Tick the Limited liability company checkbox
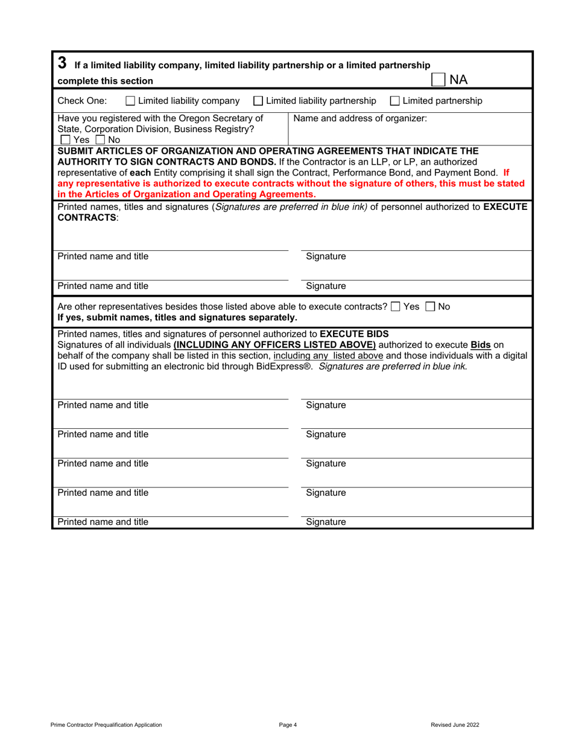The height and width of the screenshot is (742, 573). click(x=130, y=101)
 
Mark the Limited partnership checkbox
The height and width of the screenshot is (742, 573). click(x=394, y=101)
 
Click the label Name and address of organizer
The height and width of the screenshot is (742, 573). click(x=360, y=118)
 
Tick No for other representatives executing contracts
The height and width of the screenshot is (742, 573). click(x=429, y=307)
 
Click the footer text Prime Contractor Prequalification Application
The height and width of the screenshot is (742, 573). click(x=106, y=725)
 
